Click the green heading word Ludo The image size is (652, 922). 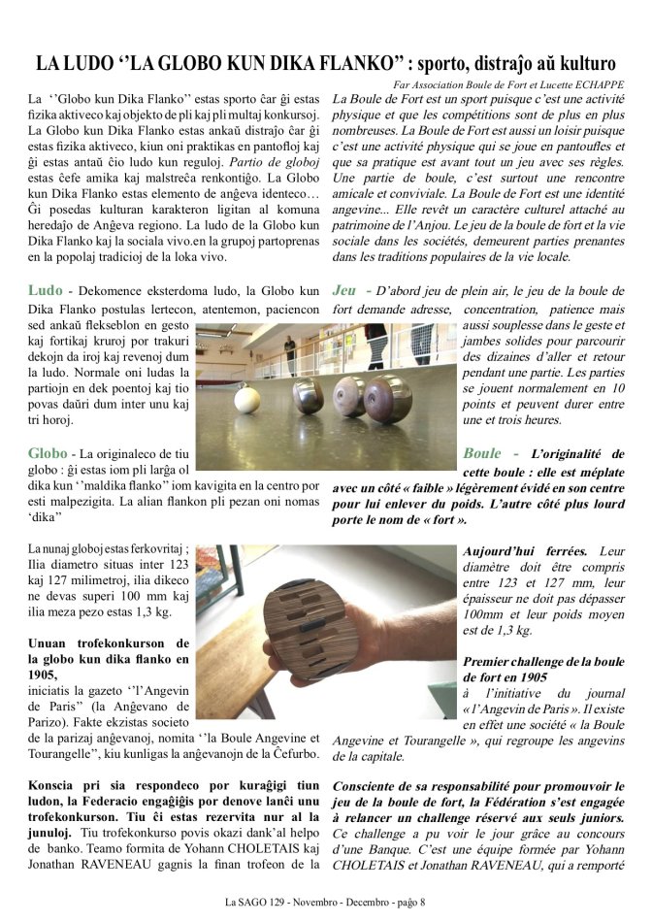46,290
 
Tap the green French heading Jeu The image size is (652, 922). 344,290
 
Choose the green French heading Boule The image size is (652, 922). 482,453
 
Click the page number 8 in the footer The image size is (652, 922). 422,904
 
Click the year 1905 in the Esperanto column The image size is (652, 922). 46,675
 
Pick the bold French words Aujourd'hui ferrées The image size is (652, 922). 516,550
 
